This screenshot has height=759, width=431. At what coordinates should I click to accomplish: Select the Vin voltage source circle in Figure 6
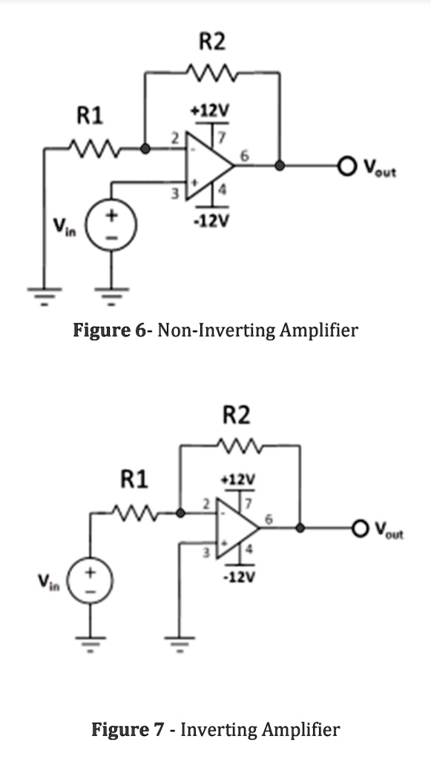[x=113, y=223]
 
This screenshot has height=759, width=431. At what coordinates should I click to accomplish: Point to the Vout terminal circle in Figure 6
[x=348, y=165]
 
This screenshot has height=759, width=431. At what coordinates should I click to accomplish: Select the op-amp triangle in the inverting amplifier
[x=237, y=528]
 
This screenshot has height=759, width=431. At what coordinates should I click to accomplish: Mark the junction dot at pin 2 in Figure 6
[x=146, y=148]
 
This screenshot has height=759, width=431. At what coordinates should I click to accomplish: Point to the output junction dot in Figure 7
[x=300, y=528]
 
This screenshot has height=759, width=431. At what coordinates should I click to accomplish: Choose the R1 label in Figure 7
[x=134, y=480]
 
